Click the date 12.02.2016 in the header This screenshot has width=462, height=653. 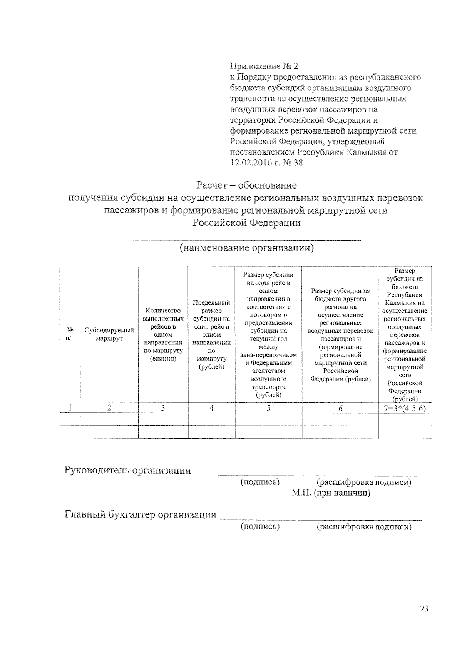tap(251, 163)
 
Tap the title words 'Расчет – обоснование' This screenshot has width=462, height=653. tap(246, 185)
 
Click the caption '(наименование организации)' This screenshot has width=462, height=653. tap(247, 248)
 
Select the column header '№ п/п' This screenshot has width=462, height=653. tap(70, 334)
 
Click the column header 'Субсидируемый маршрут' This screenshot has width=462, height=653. tap(109, 334)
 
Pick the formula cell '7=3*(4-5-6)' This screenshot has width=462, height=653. tap(405, 408)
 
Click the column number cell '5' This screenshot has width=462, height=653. tap(268, 408)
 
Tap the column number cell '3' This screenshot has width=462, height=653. tap(163, 408)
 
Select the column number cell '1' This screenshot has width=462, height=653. tap(70, 408)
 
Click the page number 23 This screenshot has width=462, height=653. tap(423, 609)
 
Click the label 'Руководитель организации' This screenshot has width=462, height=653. tap(127, 470)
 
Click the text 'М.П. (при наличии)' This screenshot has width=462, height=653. tap(331, 493)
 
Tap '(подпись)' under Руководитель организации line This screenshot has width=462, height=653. tap(260, 482)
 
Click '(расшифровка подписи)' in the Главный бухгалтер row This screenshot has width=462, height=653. tap(364, 527)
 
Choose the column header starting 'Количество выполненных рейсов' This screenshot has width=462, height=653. tap(163, 334)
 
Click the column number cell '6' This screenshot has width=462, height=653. tap(340, 408)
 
